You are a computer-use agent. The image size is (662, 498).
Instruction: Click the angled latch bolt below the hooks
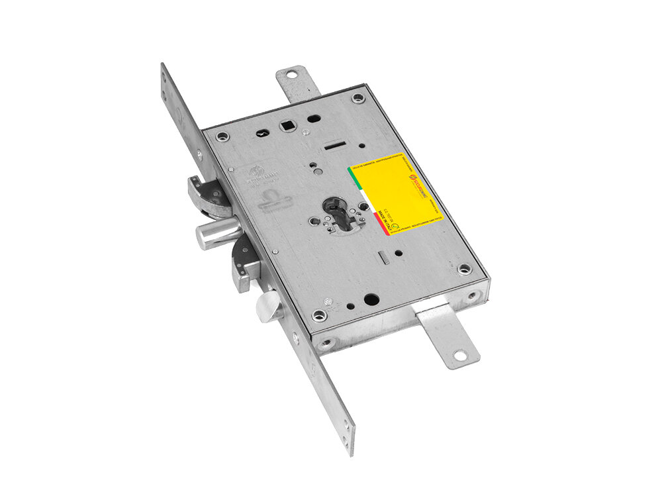[x=271, y=307]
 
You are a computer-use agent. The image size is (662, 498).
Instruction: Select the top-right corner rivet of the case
[x=358, y=99]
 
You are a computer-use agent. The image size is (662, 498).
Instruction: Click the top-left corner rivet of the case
[x=222, y=137]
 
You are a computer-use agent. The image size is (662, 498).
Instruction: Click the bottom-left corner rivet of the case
[x=320, y=315]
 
